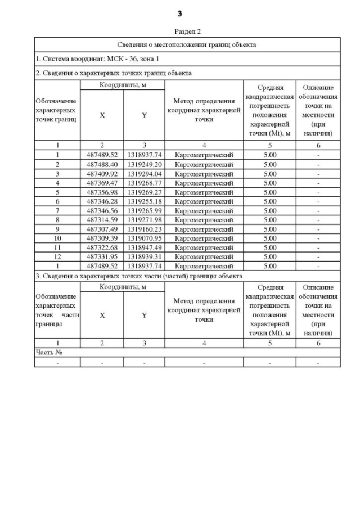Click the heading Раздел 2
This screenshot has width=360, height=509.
pos(187,32)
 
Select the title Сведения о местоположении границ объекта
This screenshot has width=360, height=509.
pos(187,44)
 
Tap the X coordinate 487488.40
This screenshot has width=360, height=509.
pos(102,164)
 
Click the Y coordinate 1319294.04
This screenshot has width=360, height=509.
pos(144,174)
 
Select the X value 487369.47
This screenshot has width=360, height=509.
pos(102,183)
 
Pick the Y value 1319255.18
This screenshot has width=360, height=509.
pos(144,201)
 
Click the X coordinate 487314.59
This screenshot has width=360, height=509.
pos(102,219)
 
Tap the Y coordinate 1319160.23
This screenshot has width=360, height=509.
pos(144,229)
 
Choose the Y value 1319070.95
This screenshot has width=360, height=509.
pos(144,238)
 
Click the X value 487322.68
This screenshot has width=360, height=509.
pos(102,247)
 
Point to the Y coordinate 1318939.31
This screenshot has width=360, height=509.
pos(144,256)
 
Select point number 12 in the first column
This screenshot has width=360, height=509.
pos(57,256)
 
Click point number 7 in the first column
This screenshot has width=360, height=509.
pos(57,210)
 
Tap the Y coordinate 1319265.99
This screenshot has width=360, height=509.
pos(144,210)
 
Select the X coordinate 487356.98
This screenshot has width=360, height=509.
pos(102,192)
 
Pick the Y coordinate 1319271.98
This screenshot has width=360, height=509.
pos(144,219)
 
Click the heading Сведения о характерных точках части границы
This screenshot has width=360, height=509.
pos(139,276)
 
